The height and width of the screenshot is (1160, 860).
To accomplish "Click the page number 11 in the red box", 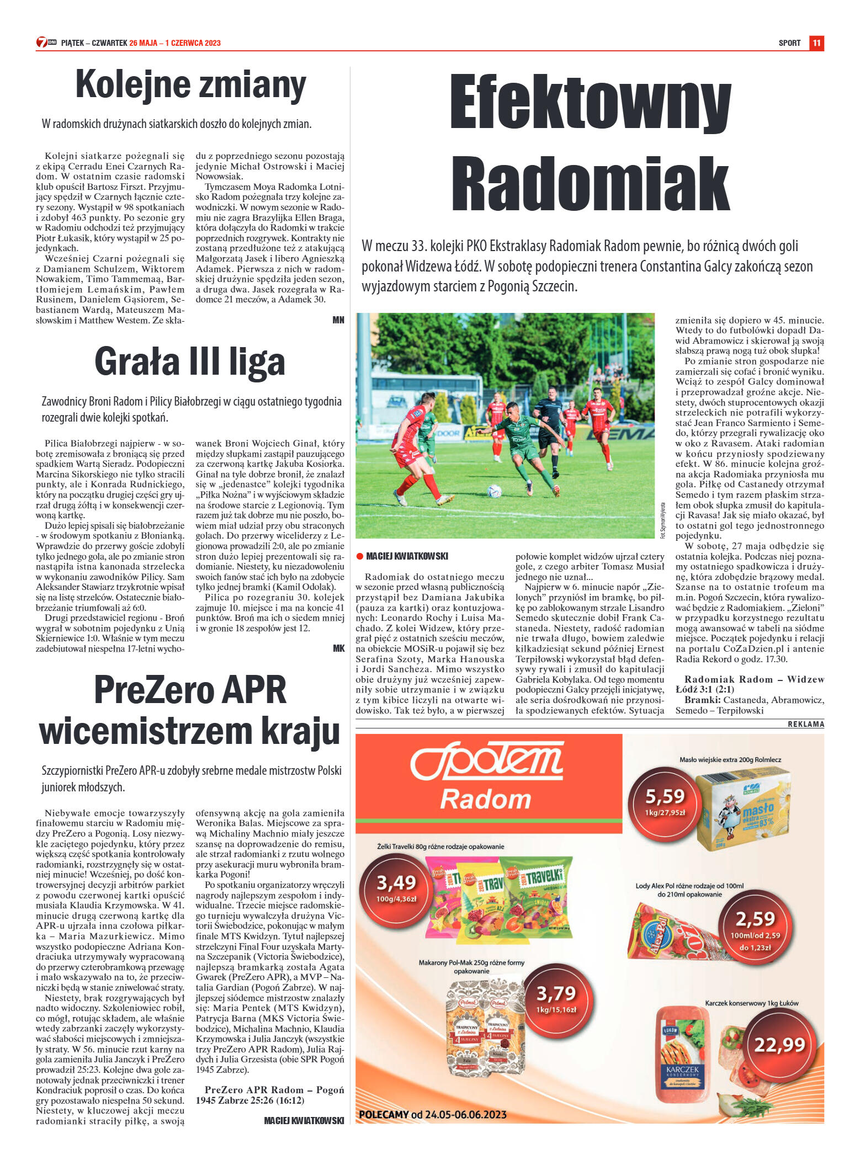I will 816,42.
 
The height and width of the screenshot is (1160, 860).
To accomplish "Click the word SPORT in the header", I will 789,43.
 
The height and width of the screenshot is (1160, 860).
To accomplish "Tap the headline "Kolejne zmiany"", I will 190,85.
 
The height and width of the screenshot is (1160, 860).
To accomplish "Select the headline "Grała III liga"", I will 190,362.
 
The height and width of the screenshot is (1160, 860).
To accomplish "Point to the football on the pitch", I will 495,491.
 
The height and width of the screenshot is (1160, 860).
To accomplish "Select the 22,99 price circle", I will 779,1044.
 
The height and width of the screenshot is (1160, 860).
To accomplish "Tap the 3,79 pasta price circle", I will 555,998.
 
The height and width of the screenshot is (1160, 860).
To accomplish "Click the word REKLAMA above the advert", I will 805,724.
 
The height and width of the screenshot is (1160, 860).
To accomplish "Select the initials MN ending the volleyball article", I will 338,320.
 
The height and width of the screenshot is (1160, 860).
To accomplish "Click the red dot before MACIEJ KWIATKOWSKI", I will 359,556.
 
